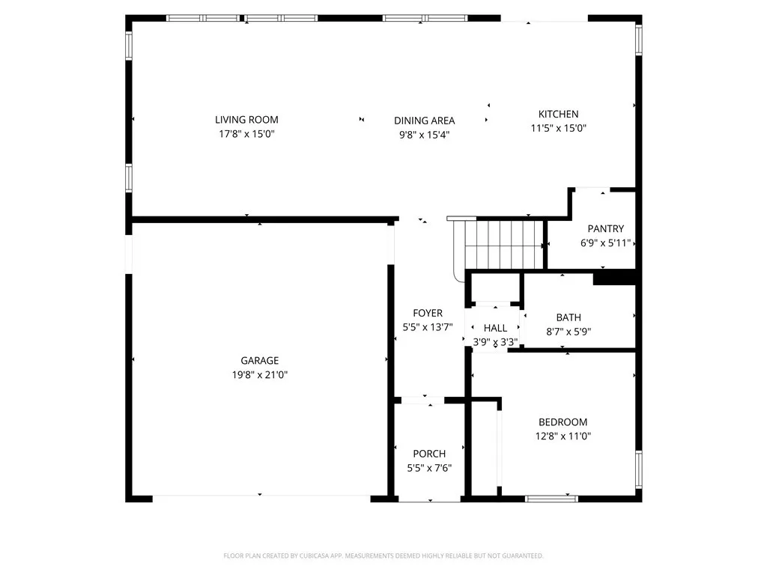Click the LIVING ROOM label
coord(246,119)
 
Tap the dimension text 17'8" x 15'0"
coord(246,134)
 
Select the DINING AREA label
coord(424,121)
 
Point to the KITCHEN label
coord(558,114)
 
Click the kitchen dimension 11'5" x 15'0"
coord(558,128)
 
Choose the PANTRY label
coord(605,228)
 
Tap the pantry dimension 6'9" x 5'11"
coord(606,243)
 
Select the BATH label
coord(569,317)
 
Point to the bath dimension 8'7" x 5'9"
coord(569,332)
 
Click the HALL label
coord(495,328)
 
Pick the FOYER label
coord(428,313)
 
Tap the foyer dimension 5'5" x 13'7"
coord(428,327)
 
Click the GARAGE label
coord(260,360)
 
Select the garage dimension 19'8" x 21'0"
coord(260,374)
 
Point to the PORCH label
coord(429,454)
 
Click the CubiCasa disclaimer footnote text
coord(383,556)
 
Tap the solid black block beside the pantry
coord(614,277)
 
